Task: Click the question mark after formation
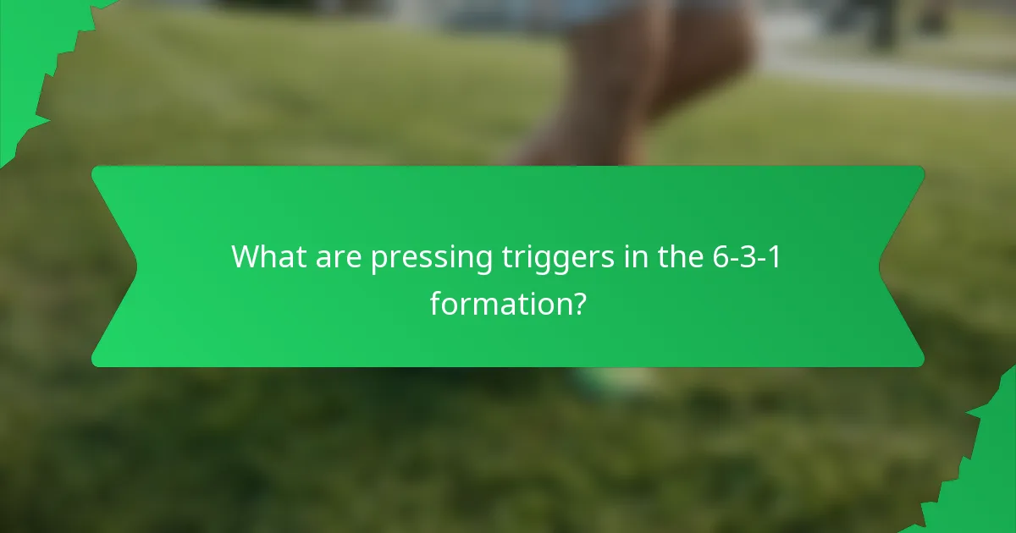click(578, 302)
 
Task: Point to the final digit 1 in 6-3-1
click(775, 256)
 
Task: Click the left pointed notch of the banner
click(135, 266)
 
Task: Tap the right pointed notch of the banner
click(881, 266)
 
